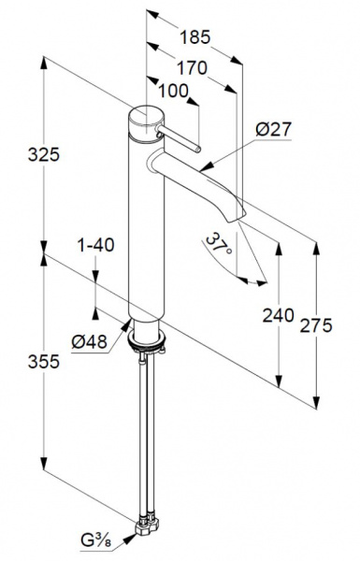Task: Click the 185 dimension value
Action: (x=195, y=37)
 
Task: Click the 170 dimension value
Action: (x=193, y=68)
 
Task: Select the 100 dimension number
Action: (x=173, y=92)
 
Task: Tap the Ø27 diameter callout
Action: (x=274, y=130)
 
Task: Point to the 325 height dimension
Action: (x=44, y=155)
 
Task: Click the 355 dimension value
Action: (x=44, y=362)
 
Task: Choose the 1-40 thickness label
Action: (x=96, y=245)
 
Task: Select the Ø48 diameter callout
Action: (x=90, y=342)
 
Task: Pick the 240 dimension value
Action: (x=279, y=316)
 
